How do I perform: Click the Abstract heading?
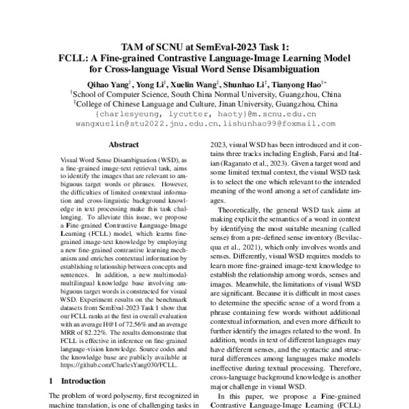coord(124,145)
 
